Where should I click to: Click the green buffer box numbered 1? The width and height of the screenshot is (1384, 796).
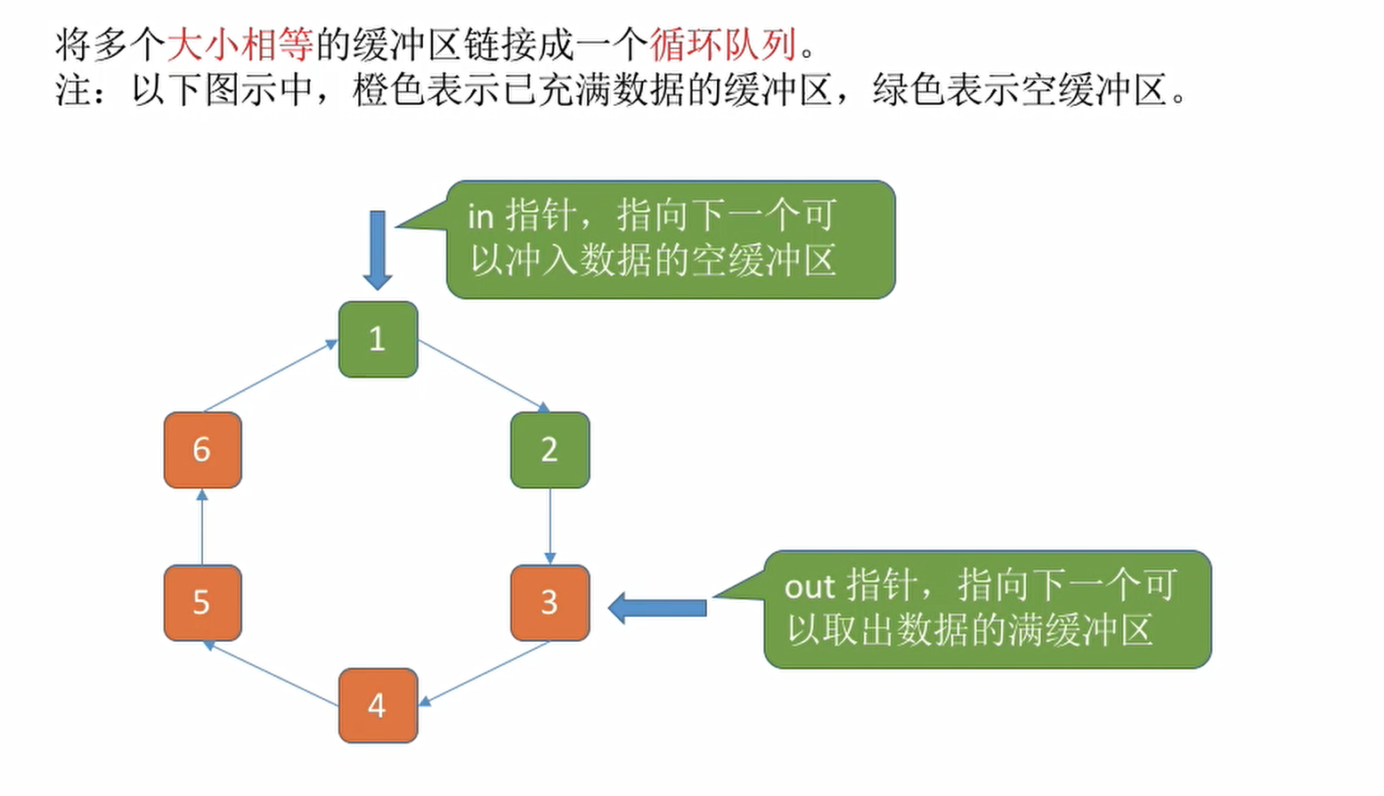coord(378,339)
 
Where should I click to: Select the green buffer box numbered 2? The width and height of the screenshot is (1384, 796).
coord(550,450)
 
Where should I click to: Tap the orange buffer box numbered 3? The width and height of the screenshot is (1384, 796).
coord(550,603)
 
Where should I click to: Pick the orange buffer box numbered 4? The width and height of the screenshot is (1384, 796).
coord(378,705)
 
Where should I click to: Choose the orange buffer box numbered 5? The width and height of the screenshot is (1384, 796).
coord(202,603)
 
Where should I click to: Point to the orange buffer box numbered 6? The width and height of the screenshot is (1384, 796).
coord(202,450)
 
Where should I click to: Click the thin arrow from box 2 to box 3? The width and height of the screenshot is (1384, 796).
coord(550,525)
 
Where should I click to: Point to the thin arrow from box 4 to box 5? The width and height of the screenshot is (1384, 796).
coord(272,673)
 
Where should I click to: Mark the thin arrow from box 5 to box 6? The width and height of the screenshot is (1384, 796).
coord(202,526)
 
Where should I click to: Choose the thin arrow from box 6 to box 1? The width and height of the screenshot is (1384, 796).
coord(271,377)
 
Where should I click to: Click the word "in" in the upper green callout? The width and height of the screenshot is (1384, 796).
coord(480,216)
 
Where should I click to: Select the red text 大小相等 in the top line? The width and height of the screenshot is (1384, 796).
coord(240,44)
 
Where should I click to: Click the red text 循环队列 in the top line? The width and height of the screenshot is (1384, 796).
coord(723,44)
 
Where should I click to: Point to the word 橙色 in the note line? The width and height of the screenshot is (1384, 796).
coord(388,90)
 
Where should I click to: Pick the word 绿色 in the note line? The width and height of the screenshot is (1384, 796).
coord(908,90)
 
